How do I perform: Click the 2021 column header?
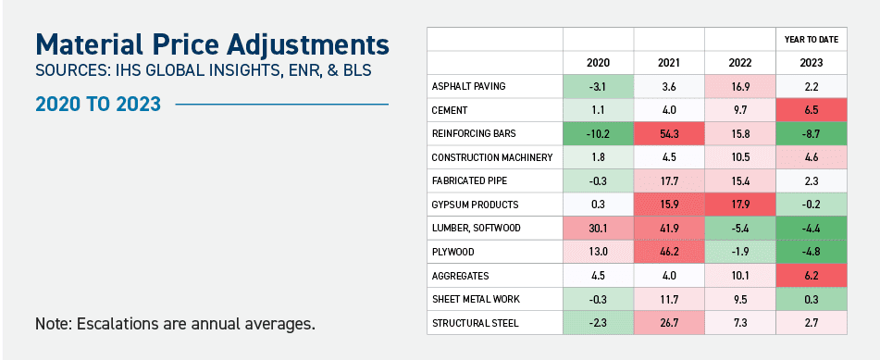coord(668,63)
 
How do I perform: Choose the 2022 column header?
coord(738,63)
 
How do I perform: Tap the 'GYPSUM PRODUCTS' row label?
coord(475,204)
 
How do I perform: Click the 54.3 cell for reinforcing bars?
coord(668,133)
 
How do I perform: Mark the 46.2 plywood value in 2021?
coord(668,251)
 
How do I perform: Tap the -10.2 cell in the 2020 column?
coord(598,133)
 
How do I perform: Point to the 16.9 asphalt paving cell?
coord(738,87)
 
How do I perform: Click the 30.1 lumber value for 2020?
coord(598,228)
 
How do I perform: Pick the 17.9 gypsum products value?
coord(738,204)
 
